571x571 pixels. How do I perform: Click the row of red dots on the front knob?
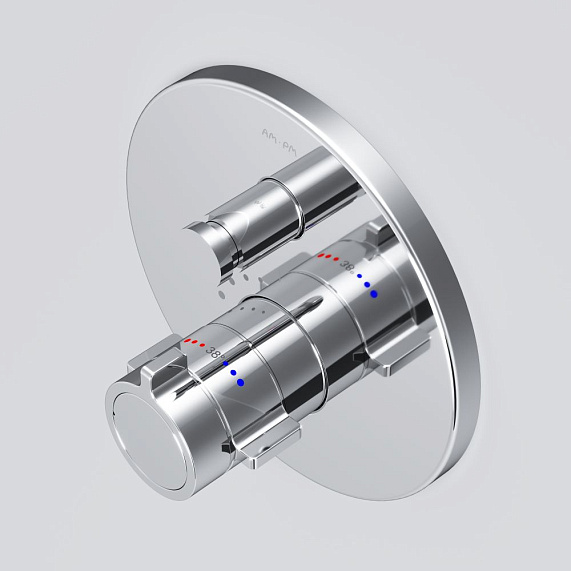click(194, 342)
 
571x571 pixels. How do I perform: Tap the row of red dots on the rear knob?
click(328, 258)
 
